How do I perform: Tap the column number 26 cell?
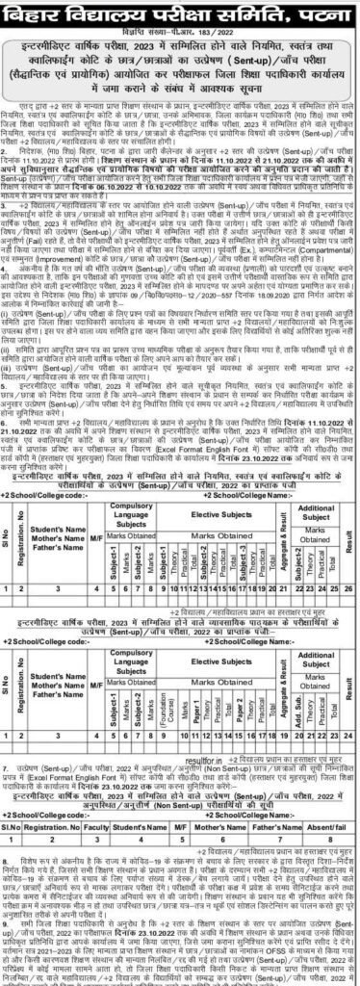point(349,560)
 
